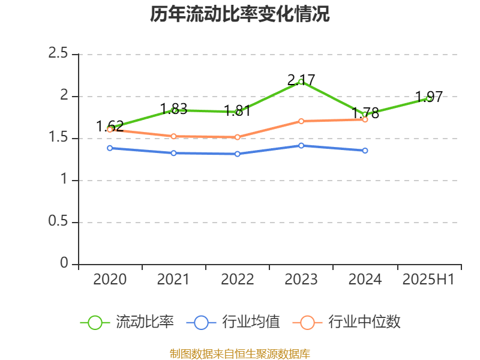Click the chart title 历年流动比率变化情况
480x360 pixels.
click(240, 14)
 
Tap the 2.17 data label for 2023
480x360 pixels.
click(301, 80)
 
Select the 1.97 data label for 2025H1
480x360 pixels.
click(429, 97)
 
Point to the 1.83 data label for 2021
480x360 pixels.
click(173, 110)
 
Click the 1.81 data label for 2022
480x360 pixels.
click(238, 111)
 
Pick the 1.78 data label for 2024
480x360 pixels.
click(365, 113)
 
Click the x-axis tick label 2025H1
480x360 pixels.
click(428, 279)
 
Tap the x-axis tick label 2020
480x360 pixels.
click(110, 279)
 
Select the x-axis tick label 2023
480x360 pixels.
click(301, 279)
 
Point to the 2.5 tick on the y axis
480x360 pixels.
click(58, 54)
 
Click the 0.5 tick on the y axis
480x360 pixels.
click(58, 222)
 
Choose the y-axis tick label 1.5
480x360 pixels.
click(58, 138)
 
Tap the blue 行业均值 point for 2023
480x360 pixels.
click(301, 145)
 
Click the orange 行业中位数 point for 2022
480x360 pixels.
click(238, 137)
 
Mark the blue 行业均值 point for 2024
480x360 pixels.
click(365, 151)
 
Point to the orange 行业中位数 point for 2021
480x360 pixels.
click(173, 136)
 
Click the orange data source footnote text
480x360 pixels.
click(240, 353)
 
